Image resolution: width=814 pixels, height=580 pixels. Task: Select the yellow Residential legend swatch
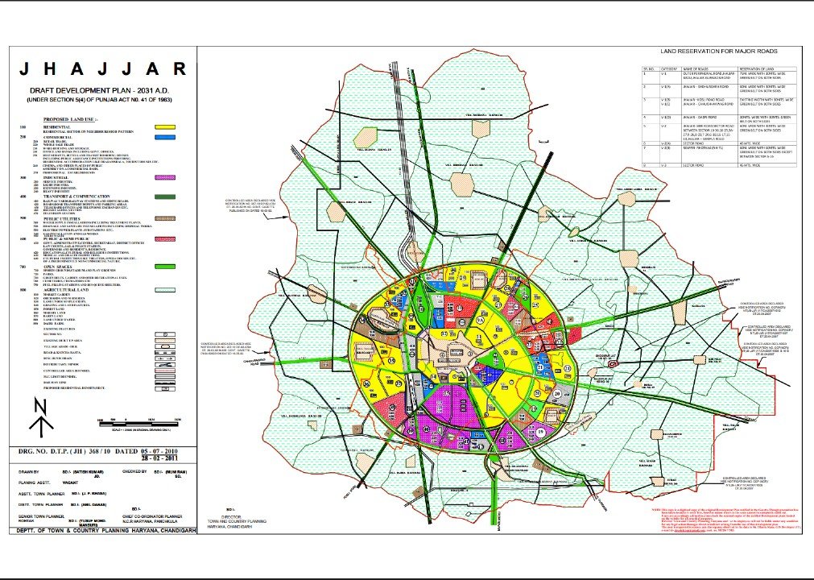click(166, 127)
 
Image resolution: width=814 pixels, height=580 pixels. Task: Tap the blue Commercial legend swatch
click(166, 138)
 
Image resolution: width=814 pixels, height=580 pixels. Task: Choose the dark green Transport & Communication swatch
click(166, 196)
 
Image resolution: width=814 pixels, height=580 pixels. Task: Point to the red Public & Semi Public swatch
click(166, 239)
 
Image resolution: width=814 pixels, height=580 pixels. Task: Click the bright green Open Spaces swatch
click(166, 266)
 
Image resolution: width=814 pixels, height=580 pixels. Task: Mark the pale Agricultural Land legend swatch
click(166, 288)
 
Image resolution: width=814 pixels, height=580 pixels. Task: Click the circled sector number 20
click(557, 392)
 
